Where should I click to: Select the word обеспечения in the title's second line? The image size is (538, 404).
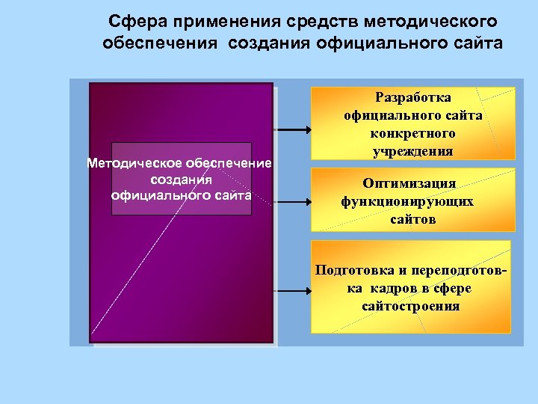tap(156, 43)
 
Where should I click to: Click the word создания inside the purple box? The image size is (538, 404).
tap(182, 180)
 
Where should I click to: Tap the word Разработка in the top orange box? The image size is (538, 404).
tap(412, 98)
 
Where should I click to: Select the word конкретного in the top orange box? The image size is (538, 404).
tap(412, 133)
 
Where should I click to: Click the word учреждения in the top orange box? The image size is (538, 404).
tap(412, 151)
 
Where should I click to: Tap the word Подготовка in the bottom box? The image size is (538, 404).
tap(356, 271)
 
